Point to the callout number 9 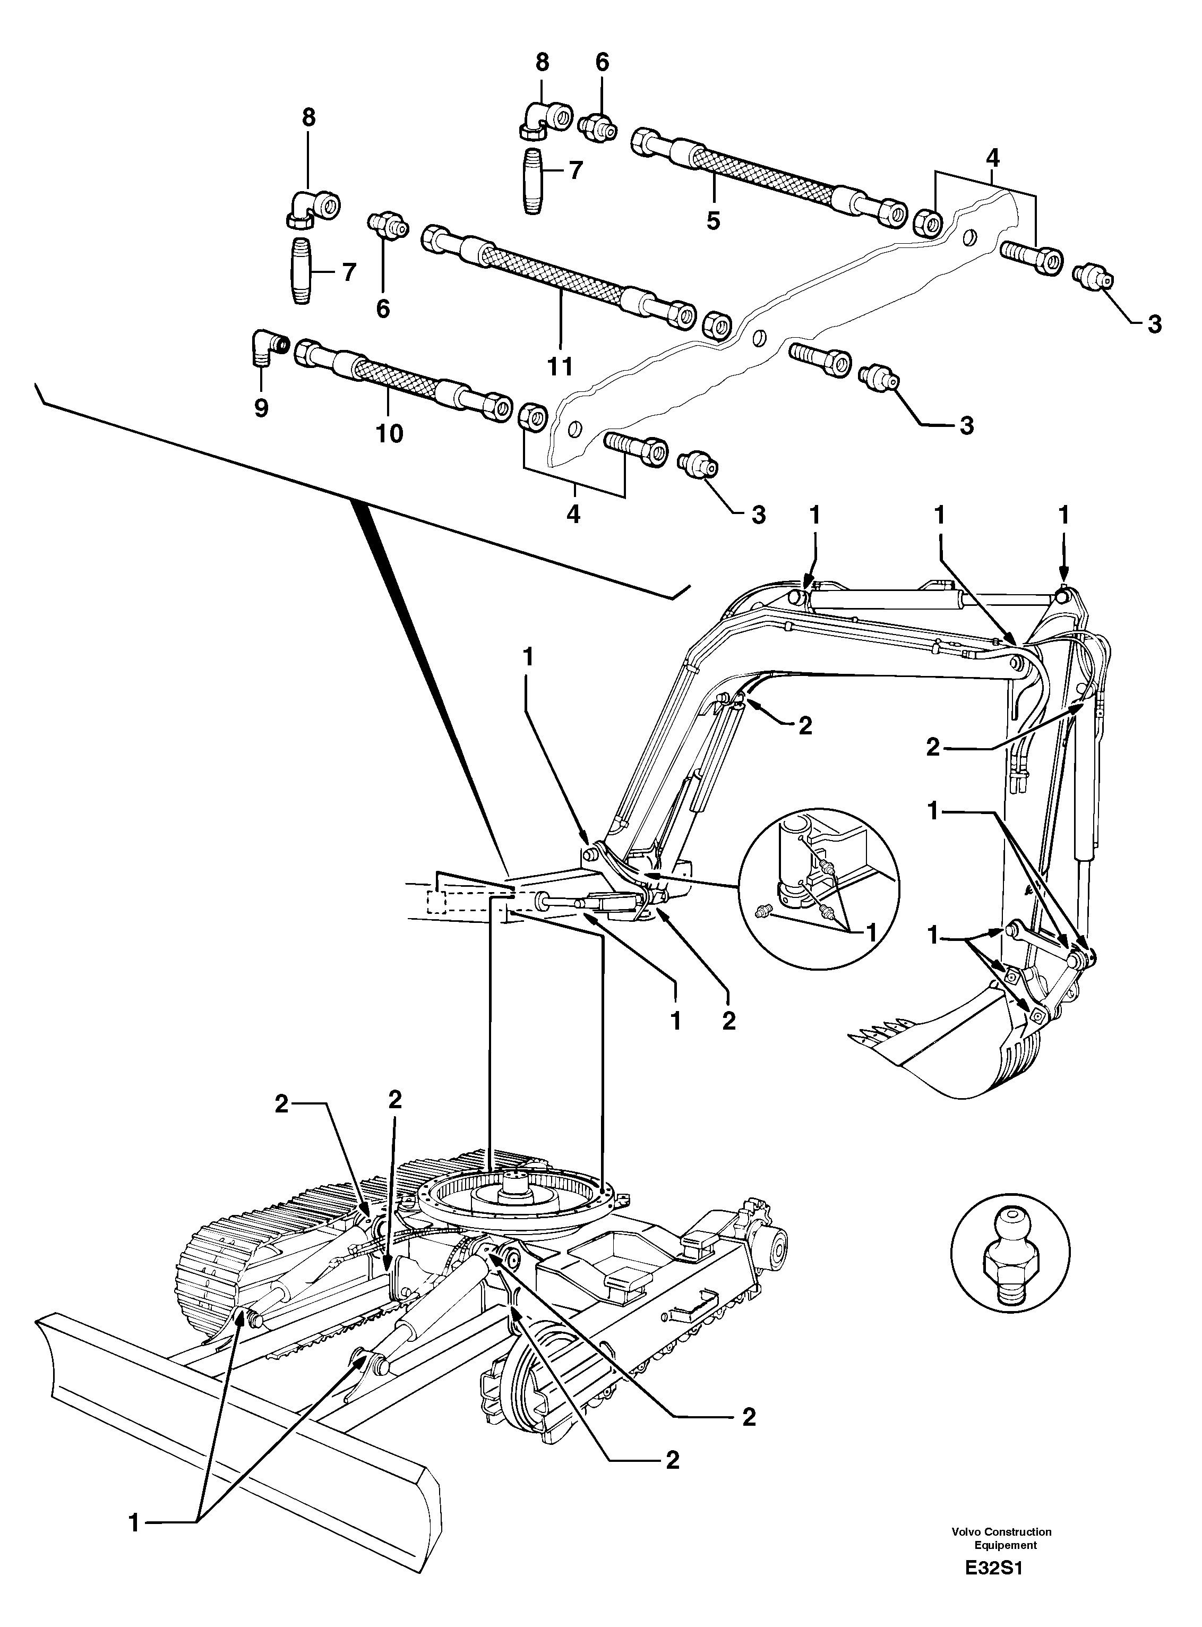click(261, 408)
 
